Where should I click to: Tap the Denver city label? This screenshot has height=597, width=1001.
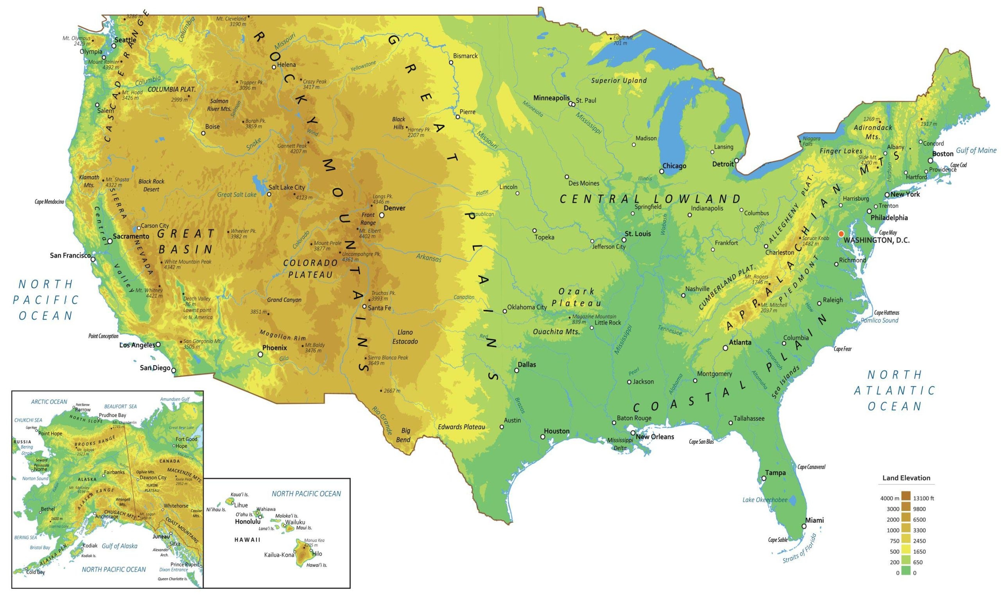[394, 208]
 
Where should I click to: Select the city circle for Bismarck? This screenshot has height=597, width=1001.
[451, 62]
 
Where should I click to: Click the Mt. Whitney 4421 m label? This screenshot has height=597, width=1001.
[149, 293]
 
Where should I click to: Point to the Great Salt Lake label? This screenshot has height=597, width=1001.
[237, 195]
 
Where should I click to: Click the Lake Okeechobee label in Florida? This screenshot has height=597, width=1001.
[764, 500]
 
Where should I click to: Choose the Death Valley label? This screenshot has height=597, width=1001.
[197, 299]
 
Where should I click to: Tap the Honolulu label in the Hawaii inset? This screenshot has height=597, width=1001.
[248, 522]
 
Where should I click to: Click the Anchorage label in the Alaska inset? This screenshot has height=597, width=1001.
[107, 516]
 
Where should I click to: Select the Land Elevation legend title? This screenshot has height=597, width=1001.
[906, 478]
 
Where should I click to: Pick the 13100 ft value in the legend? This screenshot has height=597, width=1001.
[924, 498]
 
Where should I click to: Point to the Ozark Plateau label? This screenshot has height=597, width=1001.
[576, 297]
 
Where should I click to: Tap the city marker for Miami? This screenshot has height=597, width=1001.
[804, 526]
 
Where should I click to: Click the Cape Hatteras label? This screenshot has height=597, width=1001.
[886, 313]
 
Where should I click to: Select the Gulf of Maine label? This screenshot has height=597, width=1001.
[976, 151]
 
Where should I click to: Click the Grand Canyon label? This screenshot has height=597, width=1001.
[284, 300]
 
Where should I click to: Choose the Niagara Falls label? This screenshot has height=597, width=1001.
[811, 141]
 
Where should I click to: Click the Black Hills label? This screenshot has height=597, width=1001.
[399, 123]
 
